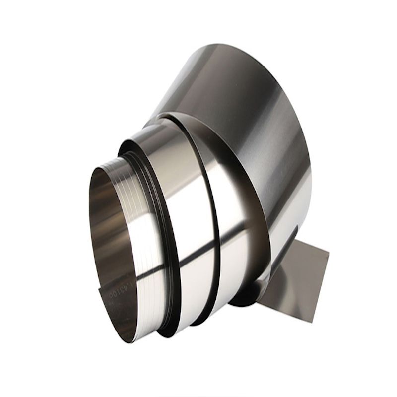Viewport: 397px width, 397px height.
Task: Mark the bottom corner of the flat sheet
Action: [x=312, y=322]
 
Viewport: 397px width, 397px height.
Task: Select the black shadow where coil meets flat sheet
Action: [x=243, y=298]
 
